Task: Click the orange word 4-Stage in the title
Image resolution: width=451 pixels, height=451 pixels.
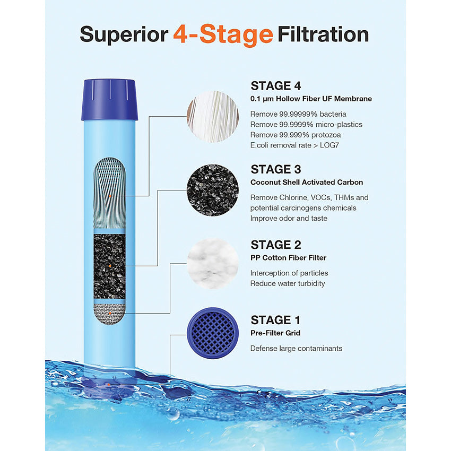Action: pos(223,35)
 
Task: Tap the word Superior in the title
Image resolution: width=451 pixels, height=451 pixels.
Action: pos(124,35)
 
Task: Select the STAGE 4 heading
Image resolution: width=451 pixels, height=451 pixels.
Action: pos(279,86)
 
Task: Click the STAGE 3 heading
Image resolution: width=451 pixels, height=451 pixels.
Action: pos(276,169)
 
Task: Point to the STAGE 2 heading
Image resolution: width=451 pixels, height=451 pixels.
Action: pos(276,245)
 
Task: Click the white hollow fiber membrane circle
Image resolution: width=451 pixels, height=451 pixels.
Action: pos(213,117)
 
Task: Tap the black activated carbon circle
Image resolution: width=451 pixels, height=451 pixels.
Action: pos(213,190)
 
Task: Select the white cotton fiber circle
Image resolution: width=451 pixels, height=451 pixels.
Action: pos(213,263)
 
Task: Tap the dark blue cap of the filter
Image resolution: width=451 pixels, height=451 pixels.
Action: pos(109,99)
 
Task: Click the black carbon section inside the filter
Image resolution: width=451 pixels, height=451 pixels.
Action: pos(109,265)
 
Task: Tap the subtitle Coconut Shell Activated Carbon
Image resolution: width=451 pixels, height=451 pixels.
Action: pos(307,183)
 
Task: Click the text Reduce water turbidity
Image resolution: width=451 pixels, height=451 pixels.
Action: pos(288,283)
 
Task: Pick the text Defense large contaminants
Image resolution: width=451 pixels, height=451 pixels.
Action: pos(296,349)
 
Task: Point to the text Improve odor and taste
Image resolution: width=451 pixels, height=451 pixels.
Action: pos(289,218)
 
